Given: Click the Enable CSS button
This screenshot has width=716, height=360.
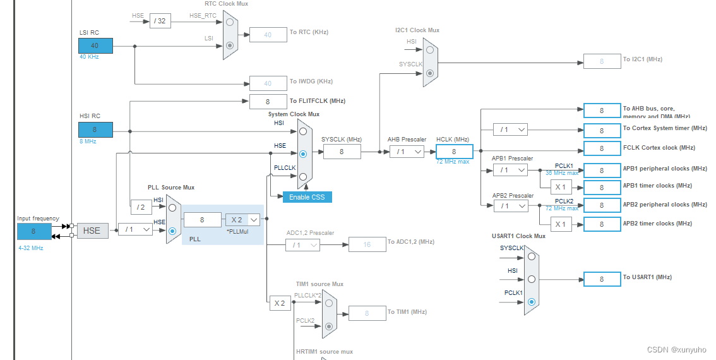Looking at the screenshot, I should (x=307, y=197).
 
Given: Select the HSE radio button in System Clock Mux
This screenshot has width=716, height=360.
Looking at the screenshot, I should (x=303, y=153).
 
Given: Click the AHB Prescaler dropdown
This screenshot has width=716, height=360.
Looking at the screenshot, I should (x=407, y=152).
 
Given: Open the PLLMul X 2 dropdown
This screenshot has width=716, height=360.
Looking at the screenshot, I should (x=243, y=220).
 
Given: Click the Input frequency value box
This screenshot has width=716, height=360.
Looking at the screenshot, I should (x=34, y=231).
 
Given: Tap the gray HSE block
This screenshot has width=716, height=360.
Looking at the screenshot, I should (x=92, y=231).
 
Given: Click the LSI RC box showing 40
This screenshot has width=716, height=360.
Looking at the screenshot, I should (x=95, y=45).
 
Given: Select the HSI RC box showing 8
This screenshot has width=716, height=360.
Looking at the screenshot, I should (x=95, y=130).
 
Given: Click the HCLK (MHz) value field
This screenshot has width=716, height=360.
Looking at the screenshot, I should (x=454, y=152).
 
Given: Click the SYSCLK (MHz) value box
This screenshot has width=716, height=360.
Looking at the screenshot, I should (x=342, y=152).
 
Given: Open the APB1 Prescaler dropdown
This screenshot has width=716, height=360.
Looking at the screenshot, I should (x=510, y=170).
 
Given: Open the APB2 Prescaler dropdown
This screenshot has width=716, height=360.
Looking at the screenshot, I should (x=510, y=206).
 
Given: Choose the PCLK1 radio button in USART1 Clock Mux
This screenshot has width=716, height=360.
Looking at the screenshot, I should (x=532, y=302).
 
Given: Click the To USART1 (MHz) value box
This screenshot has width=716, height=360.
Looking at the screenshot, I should (x=602, y=279).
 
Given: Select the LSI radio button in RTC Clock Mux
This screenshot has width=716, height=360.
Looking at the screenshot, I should (x=229, y=45).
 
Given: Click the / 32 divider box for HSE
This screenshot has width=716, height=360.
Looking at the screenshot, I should (x=160, y=21).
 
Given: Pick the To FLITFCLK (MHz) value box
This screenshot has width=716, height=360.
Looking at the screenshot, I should (x=268, y=101).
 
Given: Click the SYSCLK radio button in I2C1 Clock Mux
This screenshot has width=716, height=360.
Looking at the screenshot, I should (x=430, y=73).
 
